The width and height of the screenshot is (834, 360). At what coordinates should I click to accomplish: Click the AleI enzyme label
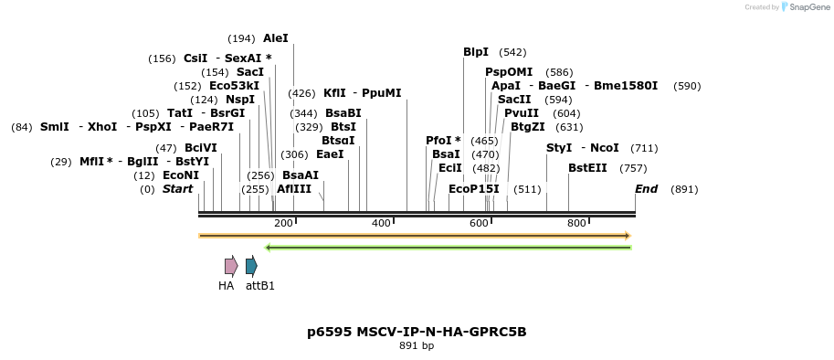[275, 38]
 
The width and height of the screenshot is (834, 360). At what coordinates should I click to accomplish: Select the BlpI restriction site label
[476, 52]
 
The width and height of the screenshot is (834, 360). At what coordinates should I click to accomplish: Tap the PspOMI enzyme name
[509, 72]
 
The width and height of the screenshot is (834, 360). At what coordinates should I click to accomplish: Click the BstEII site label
[587, 168]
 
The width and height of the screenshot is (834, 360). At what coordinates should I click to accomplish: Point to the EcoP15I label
[474, 189]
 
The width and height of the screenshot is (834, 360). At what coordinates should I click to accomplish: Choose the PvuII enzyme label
[522, 113]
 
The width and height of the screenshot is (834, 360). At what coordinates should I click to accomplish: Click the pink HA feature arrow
[231, 266]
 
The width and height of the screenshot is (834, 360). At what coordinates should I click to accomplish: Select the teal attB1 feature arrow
[251, 266]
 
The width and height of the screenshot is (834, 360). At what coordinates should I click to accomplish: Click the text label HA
[226, 286]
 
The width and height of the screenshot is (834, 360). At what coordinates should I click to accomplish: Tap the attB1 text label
[260, 286]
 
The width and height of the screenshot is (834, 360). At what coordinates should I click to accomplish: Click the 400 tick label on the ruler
[381, 223]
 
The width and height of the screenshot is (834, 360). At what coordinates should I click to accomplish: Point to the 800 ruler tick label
[576, 223]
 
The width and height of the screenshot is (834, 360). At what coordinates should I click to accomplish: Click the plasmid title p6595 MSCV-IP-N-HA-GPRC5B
[417, 332]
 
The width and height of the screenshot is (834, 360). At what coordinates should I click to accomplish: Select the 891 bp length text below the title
[417, 346]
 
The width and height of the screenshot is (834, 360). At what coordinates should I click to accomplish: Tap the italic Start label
[177, 189]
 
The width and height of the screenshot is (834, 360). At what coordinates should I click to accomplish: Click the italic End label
[646, 189]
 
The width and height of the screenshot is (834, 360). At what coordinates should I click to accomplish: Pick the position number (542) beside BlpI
[512, 52]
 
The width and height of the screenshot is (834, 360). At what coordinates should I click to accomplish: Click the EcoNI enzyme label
[180, 175]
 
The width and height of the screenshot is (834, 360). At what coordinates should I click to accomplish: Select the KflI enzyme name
[333, 93]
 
